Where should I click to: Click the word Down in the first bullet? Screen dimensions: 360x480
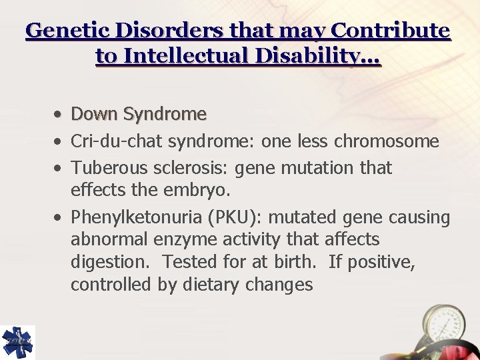coord(92,114)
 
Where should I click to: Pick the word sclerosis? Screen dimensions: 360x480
coord(173,167)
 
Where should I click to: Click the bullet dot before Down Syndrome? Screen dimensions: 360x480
coord(60,115)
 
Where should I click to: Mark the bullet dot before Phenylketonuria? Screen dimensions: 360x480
coord(60,217)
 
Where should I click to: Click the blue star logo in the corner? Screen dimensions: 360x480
coord(17,342)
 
